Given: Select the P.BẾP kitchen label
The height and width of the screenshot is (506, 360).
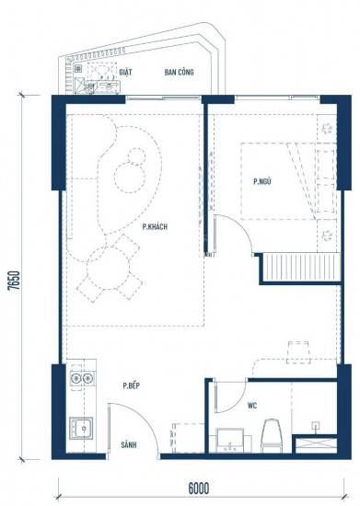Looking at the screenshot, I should (131, 387).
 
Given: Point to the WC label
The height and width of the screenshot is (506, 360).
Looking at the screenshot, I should (251, 405).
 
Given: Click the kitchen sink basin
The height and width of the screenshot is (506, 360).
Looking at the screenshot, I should (80, 428).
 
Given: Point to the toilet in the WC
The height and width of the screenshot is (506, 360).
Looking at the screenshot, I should (272, 434).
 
